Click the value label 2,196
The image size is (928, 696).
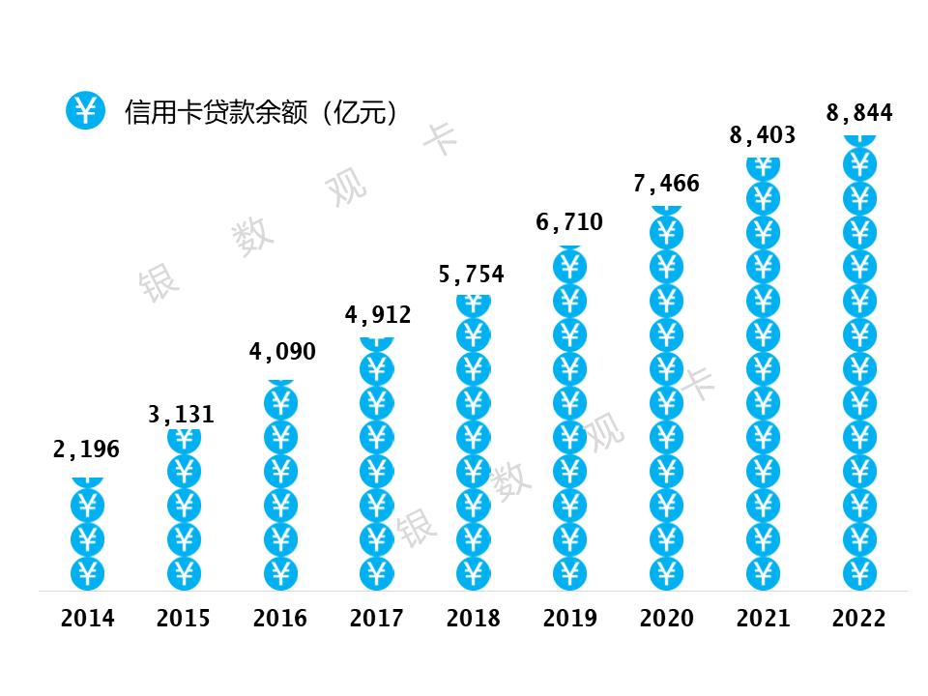point(86,449)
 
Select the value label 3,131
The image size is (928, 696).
point(182,416)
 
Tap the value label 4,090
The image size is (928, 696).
point(282,352)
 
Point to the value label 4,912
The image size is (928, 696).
point(378,315)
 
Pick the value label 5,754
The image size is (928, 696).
point(472,275)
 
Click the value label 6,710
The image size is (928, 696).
point(569,222)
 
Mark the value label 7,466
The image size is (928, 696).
point(666,184)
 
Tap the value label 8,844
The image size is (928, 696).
point(859,113)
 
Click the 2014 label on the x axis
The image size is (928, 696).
point(87,619)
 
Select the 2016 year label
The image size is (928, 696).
point(280,619)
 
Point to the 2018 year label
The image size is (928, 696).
point(474,619)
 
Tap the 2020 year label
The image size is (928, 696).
point(666,619)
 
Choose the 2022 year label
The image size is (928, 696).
point(859,619)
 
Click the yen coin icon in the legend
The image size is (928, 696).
point(86,111)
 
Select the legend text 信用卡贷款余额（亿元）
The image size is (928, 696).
point(262,112)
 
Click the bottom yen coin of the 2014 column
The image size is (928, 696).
point(87,573)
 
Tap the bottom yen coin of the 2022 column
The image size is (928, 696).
point(859,573)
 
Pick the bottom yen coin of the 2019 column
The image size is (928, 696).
point(570,573)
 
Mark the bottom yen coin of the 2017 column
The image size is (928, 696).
point(377,573)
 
